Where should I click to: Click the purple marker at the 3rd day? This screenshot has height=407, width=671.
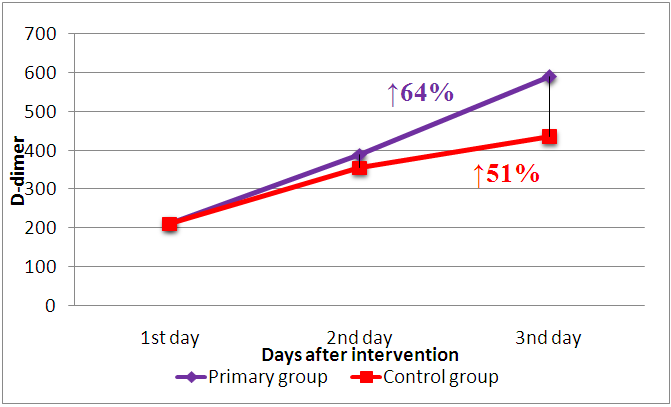pos(549,77)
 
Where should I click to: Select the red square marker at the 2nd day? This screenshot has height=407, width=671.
pos(359,168)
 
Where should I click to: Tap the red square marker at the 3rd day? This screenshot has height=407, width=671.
pos(549,136)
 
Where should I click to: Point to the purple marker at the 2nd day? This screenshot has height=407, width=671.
pos(359,155)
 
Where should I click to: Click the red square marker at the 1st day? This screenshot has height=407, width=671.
pos(170,224)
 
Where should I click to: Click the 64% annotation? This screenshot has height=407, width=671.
pos(420,94)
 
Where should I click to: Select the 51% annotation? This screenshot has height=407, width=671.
pos(507,174)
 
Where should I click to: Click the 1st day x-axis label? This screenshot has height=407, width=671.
pos(170,338)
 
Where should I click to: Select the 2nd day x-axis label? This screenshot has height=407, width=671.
pos(359,338)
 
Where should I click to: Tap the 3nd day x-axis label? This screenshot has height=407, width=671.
pos(548,338)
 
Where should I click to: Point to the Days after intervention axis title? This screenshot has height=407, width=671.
pos(360,355)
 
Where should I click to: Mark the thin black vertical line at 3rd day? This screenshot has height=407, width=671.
pos(549,107)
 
